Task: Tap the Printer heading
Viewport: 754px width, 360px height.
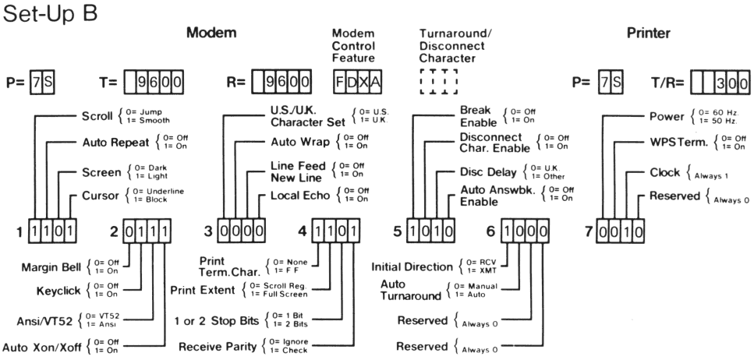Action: tap(650, 34)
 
